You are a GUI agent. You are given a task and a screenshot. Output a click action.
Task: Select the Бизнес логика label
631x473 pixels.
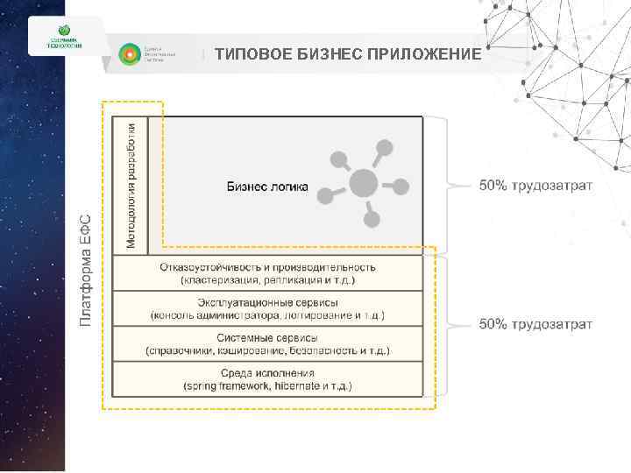(267, 186)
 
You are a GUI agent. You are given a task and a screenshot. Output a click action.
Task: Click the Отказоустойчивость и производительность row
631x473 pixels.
(267, 272)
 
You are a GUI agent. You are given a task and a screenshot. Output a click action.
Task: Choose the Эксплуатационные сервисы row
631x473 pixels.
(267, 308)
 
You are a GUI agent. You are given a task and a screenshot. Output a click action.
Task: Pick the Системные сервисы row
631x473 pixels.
(267, 344)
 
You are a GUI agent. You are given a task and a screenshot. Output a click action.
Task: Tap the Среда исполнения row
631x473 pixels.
(267, 379)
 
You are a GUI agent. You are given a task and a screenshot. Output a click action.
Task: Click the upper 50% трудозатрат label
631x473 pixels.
(535, 186)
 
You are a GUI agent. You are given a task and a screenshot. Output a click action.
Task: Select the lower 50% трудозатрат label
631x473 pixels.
(535, 324)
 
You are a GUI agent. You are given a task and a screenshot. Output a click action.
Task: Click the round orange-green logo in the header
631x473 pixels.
(129, 54)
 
